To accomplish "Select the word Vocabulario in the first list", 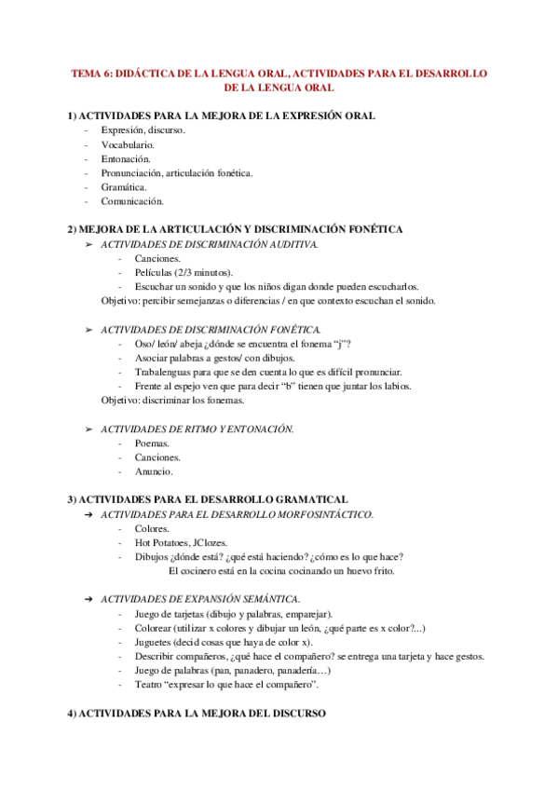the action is point(128,144).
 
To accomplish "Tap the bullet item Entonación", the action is point(125,158).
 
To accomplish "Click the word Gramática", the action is point(124,186).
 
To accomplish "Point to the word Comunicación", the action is point(132,200).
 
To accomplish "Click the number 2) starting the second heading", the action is point(72,228).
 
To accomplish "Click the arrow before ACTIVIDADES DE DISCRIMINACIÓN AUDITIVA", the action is point(88,244).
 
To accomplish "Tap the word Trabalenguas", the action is point(164,372).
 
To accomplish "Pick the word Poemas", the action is point(152,443).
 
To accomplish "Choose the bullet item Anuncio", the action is point(153,471).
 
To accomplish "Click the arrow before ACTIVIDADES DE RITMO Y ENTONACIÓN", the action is point(88,429).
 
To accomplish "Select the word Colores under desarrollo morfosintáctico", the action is point(152,528).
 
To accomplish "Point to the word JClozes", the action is point(215,542).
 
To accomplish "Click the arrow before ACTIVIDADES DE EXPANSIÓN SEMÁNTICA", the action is point(88,598).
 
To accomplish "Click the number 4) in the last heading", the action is point(72,713).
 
